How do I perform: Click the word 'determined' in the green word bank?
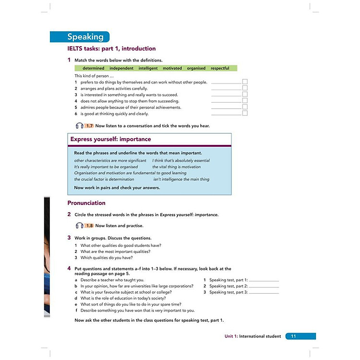[x=93, y=68]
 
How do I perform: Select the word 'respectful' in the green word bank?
[x=220, y=68]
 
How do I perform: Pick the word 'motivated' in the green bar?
[x=172, y=68]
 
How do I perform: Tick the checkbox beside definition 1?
[x=245, y=82]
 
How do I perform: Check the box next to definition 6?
[x=245, y=114]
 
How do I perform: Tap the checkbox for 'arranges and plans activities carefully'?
[x=245, y=88]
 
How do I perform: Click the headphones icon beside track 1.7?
[x=80, y=126]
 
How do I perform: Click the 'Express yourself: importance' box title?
[x=111, y=139]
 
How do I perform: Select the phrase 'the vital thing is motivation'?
[x=177, y=167]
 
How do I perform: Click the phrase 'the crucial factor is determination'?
[x=104, y=179]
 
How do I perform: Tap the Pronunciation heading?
[x=86, y=203]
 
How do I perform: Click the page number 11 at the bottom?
[x=293, y=336]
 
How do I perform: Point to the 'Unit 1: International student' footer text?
[x=252, y=336]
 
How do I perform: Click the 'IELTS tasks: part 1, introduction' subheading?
[x=111, y=48]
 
